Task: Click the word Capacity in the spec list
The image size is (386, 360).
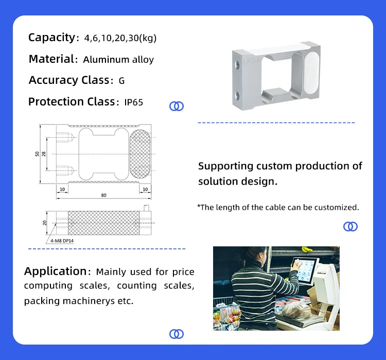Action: [x=51, y=38]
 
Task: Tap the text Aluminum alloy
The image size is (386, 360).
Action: [x=118, y=60]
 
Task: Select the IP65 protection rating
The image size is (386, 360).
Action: [x=133, y=102]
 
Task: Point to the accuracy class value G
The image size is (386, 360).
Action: [x=121, y=81]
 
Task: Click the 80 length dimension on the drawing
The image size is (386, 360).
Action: [x=103, y=195]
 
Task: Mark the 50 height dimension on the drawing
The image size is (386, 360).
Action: [x=38, y=154]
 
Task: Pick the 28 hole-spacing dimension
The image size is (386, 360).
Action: [x=44, y=154]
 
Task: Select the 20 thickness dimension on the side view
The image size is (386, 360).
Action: [x=45, y=222]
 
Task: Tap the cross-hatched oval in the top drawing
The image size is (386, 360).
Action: [x=140, y=154]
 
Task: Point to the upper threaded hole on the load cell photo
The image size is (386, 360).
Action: [x=237, y=64]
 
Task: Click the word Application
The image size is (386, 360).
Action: [x=56, y=271]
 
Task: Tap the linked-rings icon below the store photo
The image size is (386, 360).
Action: [x=177, y=334]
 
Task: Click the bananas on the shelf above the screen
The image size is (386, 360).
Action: [x=307, y=249]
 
